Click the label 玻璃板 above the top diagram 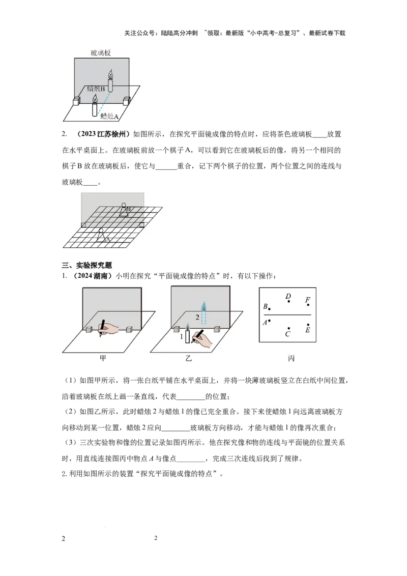coord(101,53)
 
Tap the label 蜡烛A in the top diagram coord(109,117)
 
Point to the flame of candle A coord(95,99)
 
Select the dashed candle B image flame coord(110,75)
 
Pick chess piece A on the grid coord(101,235)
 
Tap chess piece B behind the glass coord(125,210)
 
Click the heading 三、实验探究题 coord(86,265)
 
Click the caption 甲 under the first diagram coord(103,358)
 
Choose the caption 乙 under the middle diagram coord(188,358)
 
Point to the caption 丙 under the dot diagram coord(292,358)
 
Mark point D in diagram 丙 coord(289,301)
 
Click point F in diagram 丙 coord(308,304)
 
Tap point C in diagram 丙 coord(289,328)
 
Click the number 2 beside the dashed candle coord(197,317)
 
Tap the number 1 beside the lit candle coord(182,336)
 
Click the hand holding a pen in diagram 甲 coord(108,328)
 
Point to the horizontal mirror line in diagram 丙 coord(287,315)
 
